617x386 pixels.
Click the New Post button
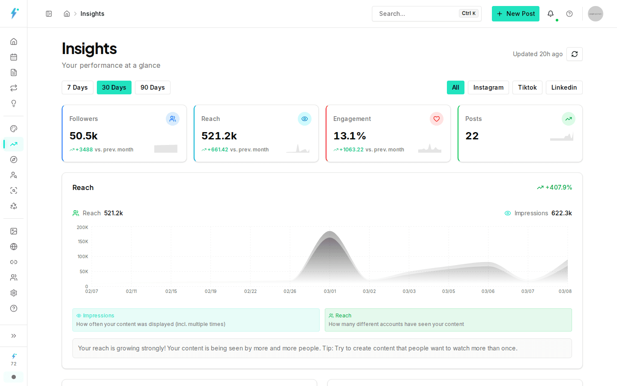click(x=515, y=14)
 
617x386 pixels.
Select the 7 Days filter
click(x=78, y=87)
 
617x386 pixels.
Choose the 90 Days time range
click(x=153, y=87)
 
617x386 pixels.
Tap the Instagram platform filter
click(x=488, y=87)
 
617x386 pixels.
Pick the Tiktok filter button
click(x=527, y=87)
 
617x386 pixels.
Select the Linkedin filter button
click(x=564, y=87)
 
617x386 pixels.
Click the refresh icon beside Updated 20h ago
click(x=575, y=54)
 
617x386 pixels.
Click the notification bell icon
click(x=551, y=14)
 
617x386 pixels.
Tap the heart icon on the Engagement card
click(x=437, y=119)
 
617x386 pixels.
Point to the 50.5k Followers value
click(x=84, y=136)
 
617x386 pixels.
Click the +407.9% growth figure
click(x=558, y=187)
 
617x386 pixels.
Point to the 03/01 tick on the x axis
click(x=330, y=291)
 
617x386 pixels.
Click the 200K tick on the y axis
click(x=82, y=227)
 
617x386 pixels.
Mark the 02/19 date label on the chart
click(x=210, y=291)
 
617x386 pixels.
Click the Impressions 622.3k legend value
click(x=561, y=213)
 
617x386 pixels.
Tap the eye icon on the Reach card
click(x=305, y=119)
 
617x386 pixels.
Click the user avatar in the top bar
click(x=595, y=14)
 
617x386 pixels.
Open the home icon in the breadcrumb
click(x=67, y=14)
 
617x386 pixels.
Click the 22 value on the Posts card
click(x=472, y=136)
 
